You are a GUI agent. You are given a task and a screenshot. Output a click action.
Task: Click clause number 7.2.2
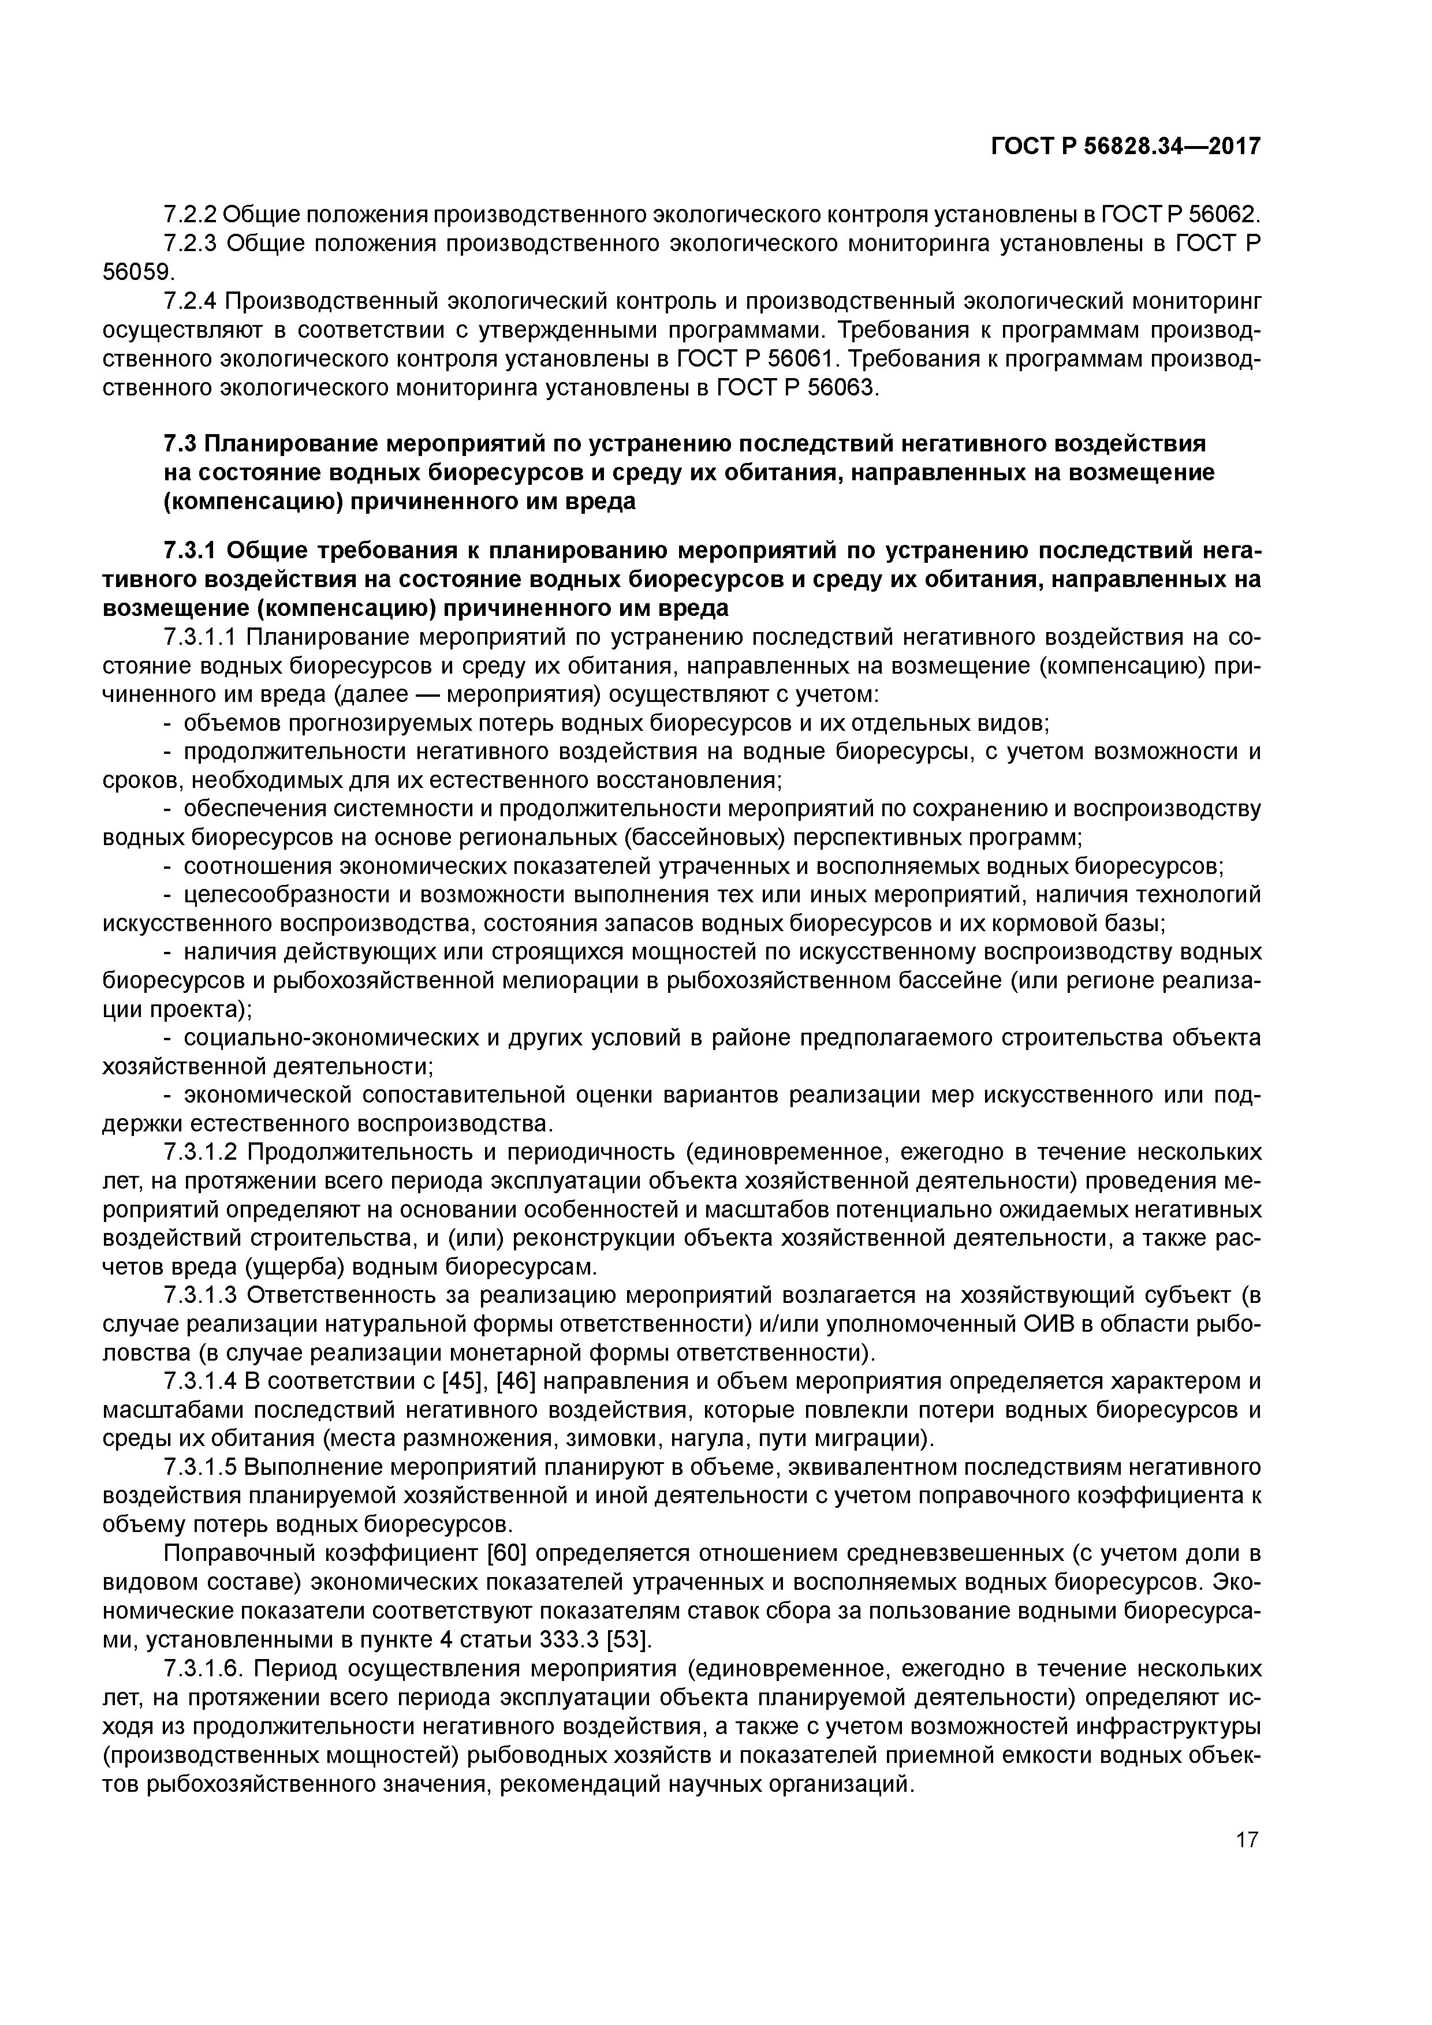(x=190, y=214)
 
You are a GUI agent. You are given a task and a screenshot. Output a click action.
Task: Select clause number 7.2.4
(x=190, y=302)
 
